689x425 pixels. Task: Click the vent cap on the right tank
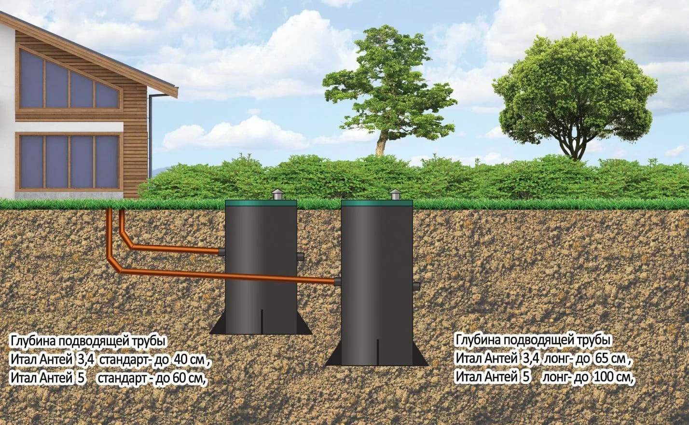(394, 194)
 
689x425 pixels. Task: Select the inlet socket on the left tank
(222, 252)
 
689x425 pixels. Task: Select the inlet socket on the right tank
(337, 281)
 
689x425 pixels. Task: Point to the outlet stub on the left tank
(300, 256)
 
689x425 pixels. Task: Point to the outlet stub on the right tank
(416, 286)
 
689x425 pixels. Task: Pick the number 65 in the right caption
(602, 359)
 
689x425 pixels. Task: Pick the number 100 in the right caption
(603, 377)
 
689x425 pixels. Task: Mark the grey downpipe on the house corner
(151, 135)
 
